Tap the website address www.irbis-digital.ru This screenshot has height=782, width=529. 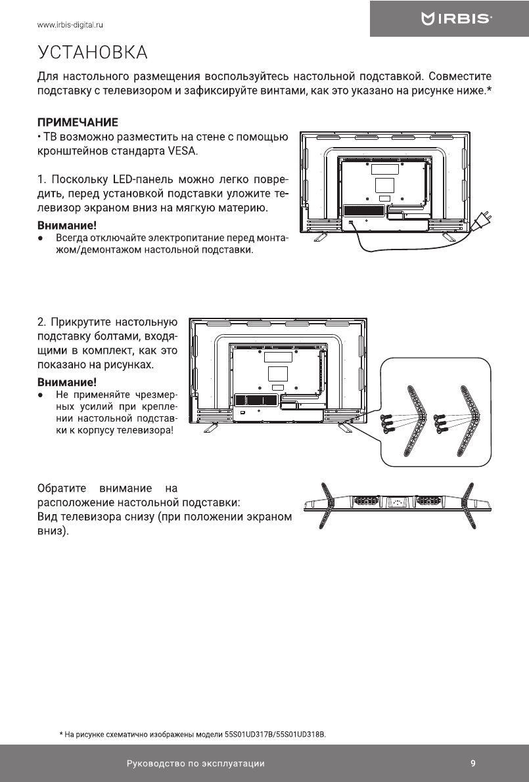(x=72, y=26)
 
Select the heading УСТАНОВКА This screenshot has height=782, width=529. (x=92, y=52)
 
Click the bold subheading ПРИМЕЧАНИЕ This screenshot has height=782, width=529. (x=78, y=122)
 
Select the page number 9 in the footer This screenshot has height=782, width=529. (x=473, y=763)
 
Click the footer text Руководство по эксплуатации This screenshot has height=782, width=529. (x=196, y=764)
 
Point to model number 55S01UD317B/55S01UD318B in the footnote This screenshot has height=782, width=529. (x=275, y=733)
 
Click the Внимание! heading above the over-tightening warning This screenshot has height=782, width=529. (x=66, y=381)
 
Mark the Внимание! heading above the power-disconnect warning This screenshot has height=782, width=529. (x=66, y=225)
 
